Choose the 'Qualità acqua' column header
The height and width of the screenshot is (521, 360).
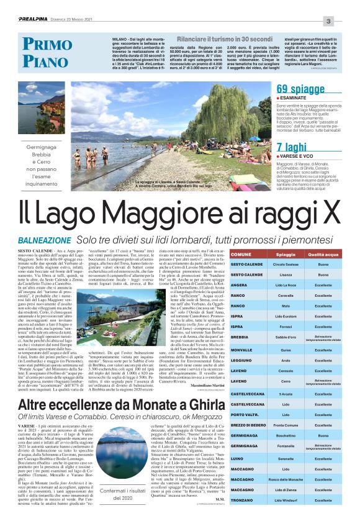323,255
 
